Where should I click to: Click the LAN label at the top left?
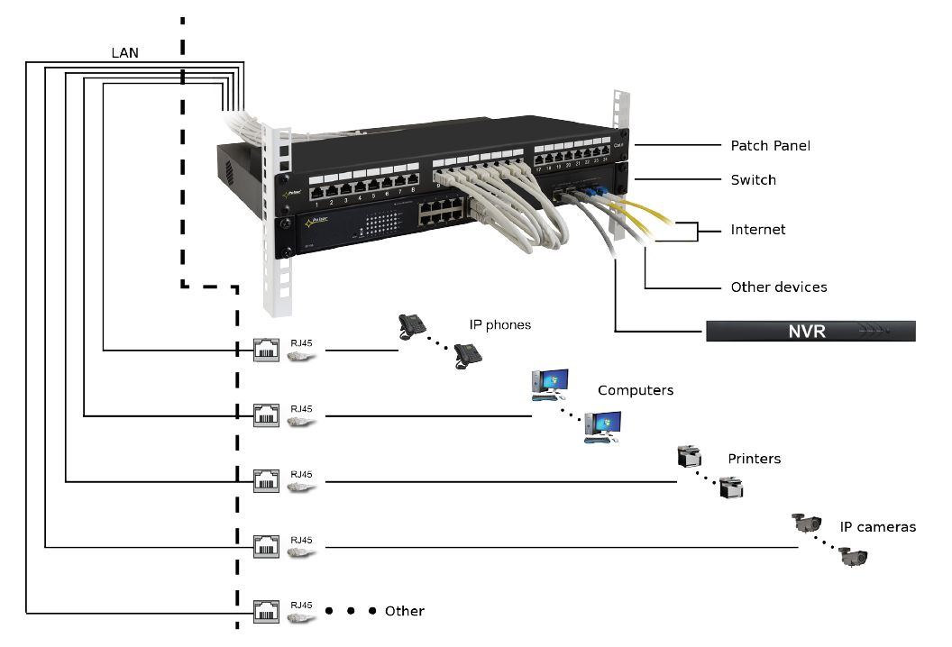(x=124, y=53)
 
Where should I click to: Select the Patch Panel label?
(x=770, y=146)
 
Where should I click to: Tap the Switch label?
(x=753, y=180)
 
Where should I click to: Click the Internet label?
(x=757, y=230)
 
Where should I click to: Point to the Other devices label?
(x=778, y=287)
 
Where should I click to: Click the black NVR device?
(x=810, y=331)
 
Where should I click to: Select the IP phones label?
(x=499, y=324)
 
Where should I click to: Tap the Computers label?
(x=635, y=391)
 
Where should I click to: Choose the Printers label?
(x=754, y=459)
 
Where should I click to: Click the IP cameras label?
(x=877, y=527)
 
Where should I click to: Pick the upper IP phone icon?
(x=413, y=326)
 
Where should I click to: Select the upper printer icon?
(x=689, y=457)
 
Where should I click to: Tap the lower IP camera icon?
(x=852, y=557)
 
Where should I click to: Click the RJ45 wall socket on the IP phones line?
(x=266, y=350)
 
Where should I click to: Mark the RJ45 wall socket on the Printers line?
(x=266, y=481)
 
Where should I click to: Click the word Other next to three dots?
(x=404, y=611)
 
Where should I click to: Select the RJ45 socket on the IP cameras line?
(x=266, y=546)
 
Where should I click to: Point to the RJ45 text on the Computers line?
(x=301, y=408)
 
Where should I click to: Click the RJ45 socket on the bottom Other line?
(x=266, y=612)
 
